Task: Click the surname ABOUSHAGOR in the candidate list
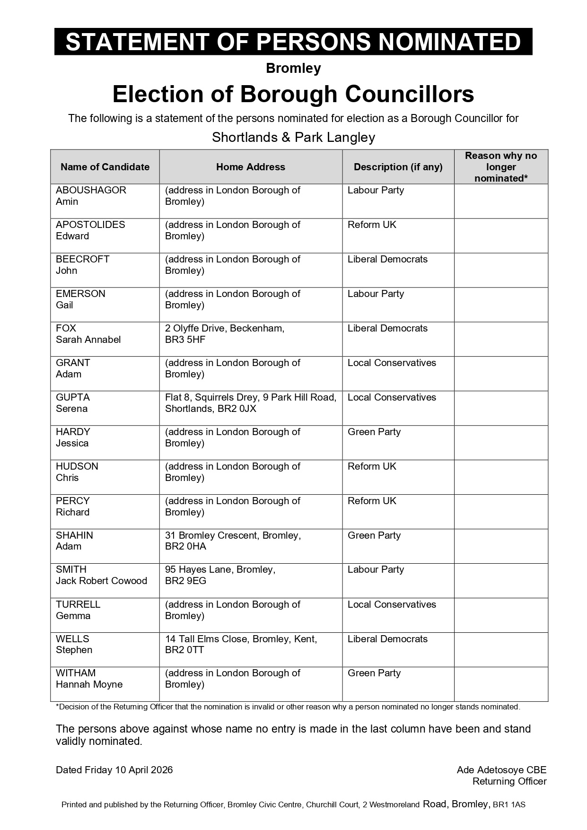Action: [x=91, y=190]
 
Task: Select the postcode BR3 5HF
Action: [x=185, y=340]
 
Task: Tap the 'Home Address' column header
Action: [x=250, y=167]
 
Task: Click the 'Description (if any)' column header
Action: [x=398, y=167]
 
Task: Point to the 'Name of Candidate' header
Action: [x=105, y=167]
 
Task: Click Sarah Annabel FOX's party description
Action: [x=387, y=328]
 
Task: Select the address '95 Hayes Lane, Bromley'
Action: [x=220, y=569]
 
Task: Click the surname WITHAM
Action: [x=76, y=673]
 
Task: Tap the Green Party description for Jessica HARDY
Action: [x=374, y=432]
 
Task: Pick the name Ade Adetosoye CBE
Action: [x=501, y=770]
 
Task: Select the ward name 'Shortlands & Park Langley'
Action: [x=293, y=138]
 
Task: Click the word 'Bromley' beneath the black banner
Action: [x=293, y=69]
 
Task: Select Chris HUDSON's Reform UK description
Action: [x=372, y=466]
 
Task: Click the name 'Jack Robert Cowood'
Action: [x=101, y=581]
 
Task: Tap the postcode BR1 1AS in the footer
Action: [x=509, y=804]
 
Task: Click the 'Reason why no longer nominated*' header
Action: [x=500, y=167]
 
